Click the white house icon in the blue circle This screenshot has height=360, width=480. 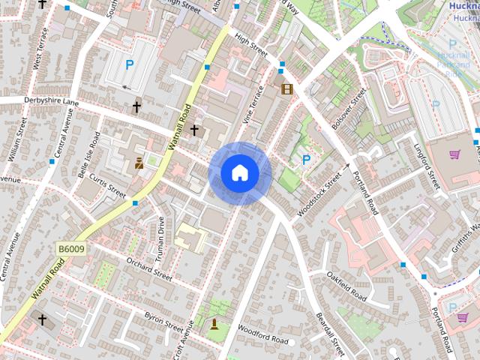click(240, 173)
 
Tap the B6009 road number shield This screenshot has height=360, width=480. click(70, 249)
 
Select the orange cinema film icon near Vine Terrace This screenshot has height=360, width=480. click(286, 89)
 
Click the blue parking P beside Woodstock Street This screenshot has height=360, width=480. click(306, 160)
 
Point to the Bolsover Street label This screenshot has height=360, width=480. click(349, 109)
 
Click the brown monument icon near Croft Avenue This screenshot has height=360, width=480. click(214, 324)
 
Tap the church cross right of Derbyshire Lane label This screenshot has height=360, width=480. click(136, 108)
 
